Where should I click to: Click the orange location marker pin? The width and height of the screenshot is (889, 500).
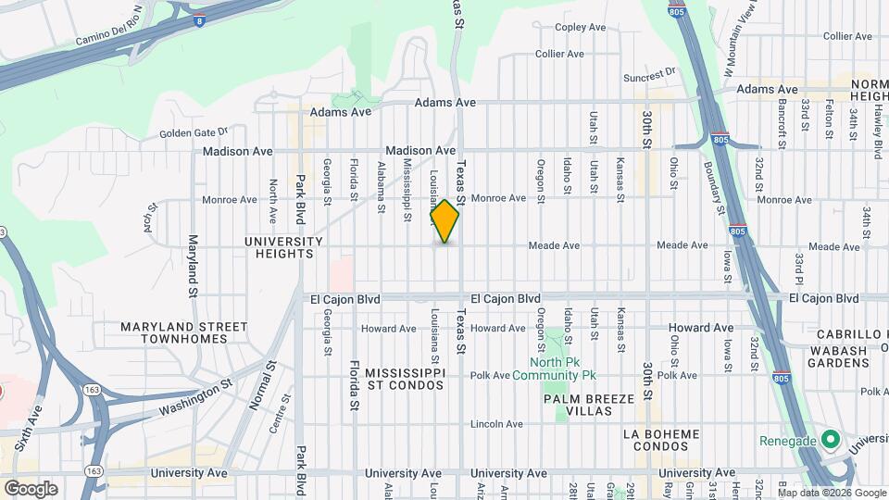444,221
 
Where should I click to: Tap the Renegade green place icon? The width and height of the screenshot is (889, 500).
831,439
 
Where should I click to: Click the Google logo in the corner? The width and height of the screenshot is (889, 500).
31,488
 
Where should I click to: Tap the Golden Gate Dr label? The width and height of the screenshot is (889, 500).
193,132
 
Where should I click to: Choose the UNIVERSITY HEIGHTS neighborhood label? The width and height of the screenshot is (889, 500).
283,247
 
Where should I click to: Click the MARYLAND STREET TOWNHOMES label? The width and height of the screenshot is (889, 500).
184,332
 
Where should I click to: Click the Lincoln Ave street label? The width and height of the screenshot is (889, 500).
496,424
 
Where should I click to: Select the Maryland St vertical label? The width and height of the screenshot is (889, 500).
194,261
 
